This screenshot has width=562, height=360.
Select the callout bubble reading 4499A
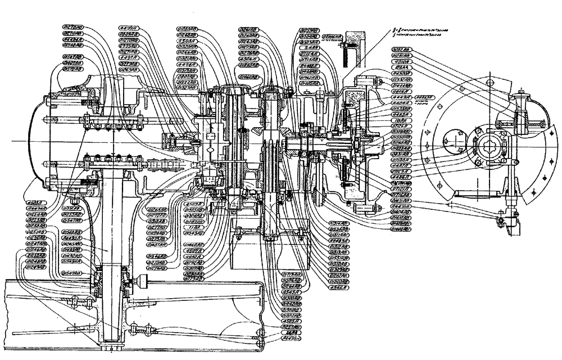pyautogui.click(x=129, y=27)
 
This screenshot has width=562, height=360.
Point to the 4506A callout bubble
pyautogui.click(x=248, y=58)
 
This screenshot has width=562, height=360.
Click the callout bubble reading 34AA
pyautogui.click(x=291, y=334)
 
